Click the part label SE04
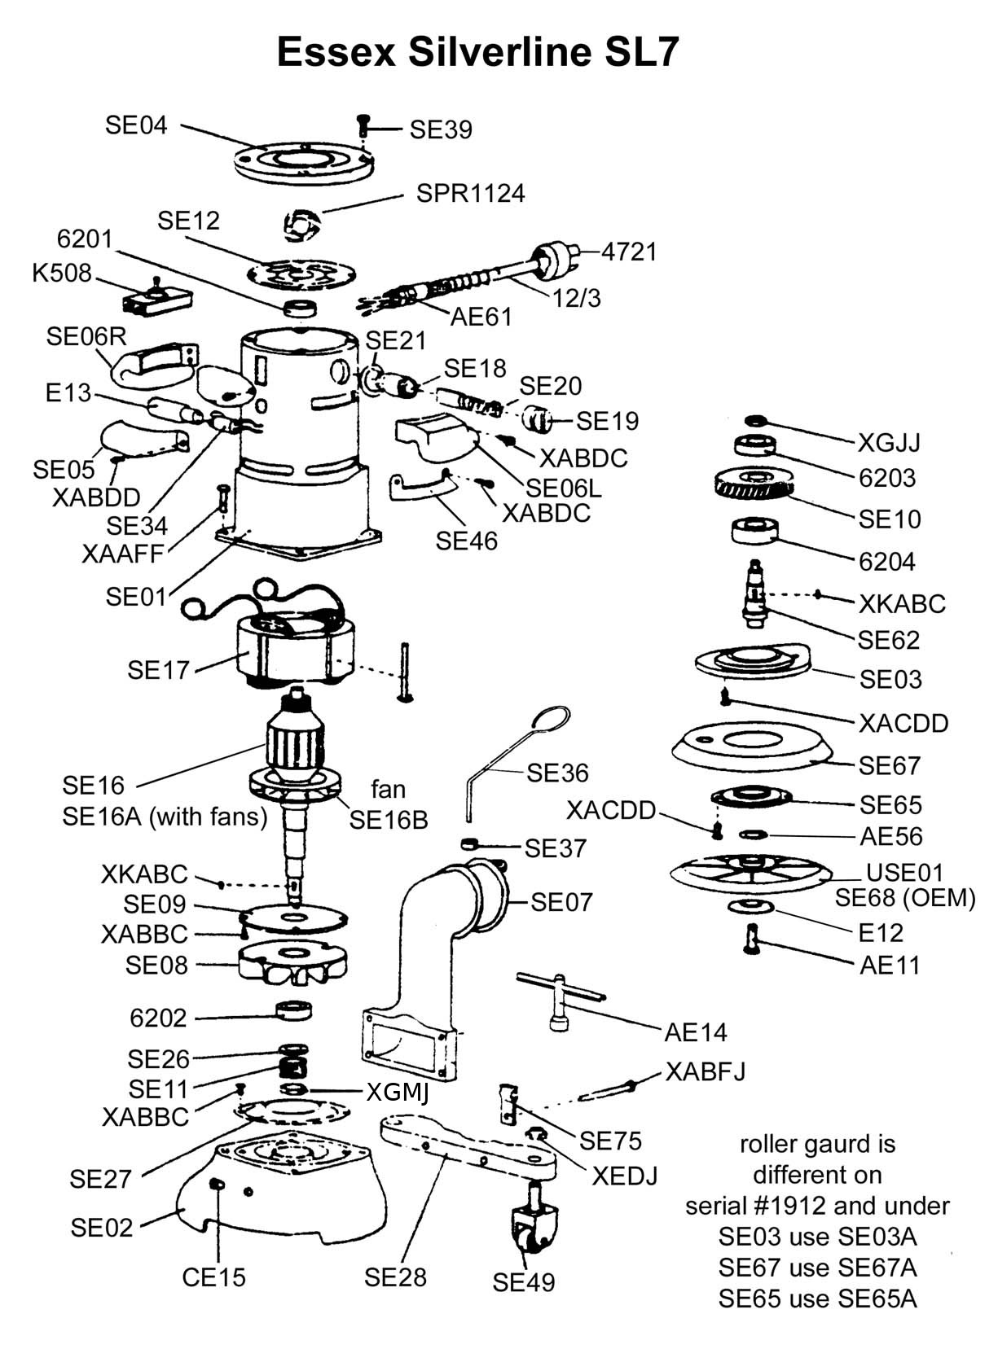click(x=136, y=125)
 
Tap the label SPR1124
click(x=470, y=194)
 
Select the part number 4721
click(x=629, y=252)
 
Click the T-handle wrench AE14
click(x=561, y=995)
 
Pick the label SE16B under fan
click(x=389, y=820)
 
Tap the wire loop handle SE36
click(x=513, y=757)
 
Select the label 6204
click(x=886, y=562)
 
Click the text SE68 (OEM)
click(x=905, y=898)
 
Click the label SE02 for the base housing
click(x=101, y=1228)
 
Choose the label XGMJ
click(x=397, y=1092)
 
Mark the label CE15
click(x=213, y=1277)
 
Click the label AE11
click(x=890, y=966)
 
